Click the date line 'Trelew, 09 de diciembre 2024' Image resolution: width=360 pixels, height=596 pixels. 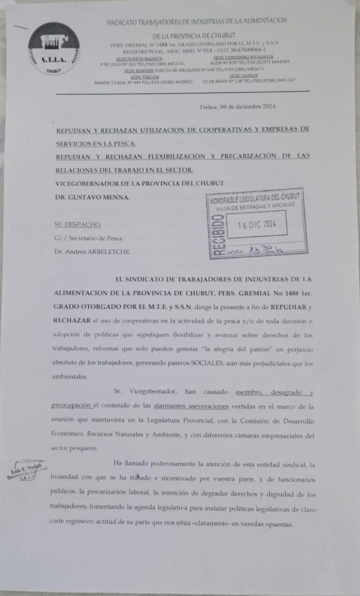pyautogui.click(x=238, y=107)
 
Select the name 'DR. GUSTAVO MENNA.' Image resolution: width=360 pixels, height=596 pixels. pyautogui.click(x=92, y=197)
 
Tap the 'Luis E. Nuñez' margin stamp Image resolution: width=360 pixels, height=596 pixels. pyautogui.click(x=26, y=473)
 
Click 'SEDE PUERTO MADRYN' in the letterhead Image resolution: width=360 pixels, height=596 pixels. pyautogui.click(x=138, y=59)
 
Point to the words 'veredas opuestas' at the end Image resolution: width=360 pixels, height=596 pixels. pyautogui.click(x=272, y=524)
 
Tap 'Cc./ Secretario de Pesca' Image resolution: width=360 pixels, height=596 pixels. pyautogui.click(x=88, y=237)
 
